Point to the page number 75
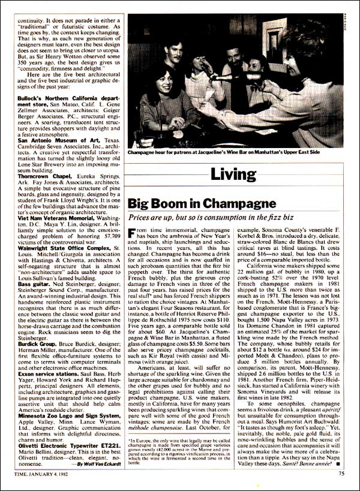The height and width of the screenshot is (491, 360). click(340, 473)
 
